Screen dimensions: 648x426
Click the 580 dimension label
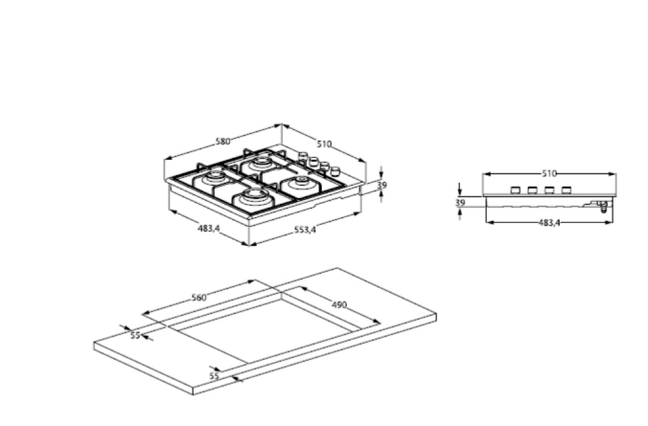coord(222,141)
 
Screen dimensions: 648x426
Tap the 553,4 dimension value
coord(305,230)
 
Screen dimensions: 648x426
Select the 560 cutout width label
coord(198,297)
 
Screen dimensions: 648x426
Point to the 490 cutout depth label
coord(339,304)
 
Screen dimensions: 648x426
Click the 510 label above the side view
coord(549,174)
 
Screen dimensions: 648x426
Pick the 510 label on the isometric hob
coord(324,144)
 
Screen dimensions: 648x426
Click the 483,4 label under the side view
coord(549,223)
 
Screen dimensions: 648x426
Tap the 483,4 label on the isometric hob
coord(209,228)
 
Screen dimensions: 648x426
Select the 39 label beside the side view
coord(460,203)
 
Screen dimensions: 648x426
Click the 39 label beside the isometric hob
coord(382,185)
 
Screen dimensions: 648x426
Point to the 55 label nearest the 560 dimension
coord(135,335)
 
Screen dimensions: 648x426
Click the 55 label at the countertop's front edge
coord(214,376)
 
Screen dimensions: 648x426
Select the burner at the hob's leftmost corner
coord(215,179)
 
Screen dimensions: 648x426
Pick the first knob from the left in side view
coord(516,191)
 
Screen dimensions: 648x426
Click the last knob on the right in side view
coord(567,191)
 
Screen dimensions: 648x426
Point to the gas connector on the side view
coord(603,206)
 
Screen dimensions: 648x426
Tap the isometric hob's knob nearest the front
coord(335,170)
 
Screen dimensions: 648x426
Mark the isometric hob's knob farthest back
coord(304,156)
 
